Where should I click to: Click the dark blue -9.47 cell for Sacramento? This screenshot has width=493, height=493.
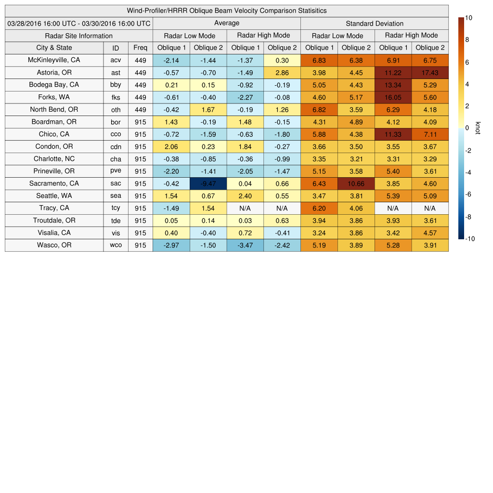click(x=208, y=183)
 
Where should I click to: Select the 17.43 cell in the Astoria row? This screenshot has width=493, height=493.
click(x=430, y=73)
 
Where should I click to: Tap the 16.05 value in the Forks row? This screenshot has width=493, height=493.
click(x=393, y=97)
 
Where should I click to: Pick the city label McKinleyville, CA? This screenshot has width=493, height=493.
click(x=54, y=60)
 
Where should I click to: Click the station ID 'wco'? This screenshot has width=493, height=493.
click(x=116, y=245)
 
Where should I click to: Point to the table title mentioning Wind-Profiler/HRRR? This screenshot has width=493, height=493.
click(x=226, y=11)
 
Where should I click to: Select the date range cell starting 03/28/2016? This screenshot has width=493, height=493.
click(x=79, y=23)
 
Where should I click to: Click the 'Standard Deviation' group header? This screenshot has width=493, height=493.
click(x=375, y=23)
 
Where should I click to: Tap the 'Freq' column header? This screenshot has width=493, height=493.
click(x=141, y=48)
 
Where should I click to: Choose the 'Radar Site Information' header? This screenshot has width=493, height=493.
click(x=79, y=36)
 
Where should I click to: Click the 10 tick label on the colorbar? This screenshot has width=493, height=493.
click(x=468, y=18)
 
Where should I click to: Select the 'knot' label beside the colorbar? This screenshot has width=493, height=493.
click(x=478, y=128)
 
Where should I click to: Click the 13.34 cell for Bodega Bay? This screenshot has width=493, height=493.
click(x=393, y=85)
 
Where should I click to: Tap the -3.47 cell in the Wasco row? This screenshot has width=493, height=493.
click(x=245, y=245)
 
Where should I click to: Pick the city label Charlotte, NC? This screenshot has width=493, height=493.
click(x=54, y=159)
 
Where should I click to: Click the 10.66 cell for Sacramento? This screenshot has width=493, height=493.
click(x=356, y=183)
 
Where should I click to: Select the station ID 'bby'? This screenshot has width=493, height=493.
click(x=116, y=85)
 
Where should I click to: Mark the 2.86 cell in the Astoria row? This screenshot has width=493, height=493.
click(x=282, y=73)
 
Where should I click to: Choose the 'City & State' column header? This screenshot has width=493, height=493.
click(x=54, y=48)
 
